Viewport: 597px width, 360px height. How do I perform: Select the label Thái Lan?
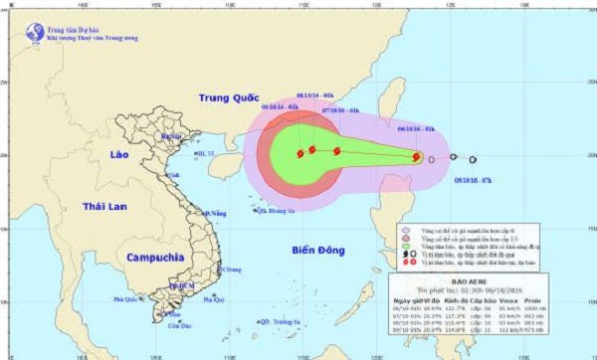109,206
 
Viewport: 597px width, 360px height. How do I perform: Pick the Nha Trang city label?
232,270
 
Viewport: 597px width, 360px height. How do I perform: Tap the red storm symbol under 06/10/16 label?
418,156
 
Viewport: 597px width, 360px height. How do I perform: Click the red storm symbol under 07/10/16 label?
337,151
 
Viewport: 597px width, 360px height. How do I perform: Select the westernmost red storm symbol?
299,154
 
